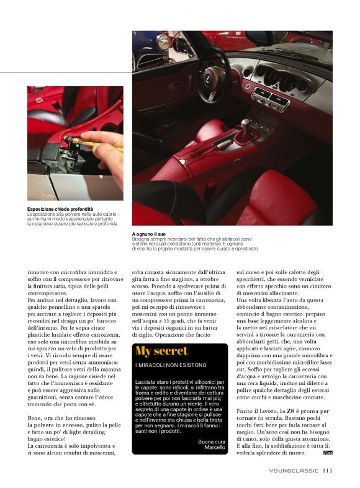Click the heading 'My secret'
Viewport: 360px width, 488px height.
[x=161, y=351]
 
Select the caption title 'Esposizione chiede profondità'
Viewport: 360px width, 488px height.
[x=60, y=209]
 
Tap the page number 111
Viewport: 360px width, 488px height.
[x=328, y=471]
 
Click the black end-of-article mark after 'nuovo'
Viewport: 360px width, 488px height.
[x=328, y=453]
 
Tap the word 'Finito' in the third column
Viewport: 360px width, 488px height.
[x=246, y=410]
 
